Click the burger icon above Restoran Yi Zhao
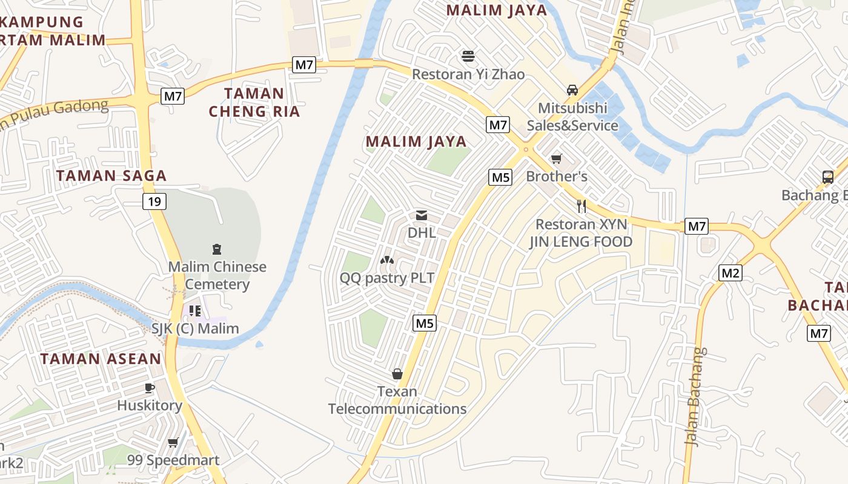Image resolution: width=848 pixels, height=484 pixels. (468, 56)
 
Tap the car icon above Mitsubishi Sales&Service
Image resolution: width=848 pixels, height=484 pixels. (572, 90)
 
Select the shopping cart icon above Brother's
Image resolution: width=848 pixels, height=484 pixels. (557, 159)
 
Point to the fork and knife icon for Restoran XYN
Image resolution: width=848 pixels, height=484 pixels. (581, 206)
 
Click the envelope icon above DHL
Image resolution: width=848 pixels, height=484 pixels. (422, 215)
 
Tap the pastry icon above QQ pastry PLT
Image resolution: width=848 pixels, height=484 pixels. (386, 260)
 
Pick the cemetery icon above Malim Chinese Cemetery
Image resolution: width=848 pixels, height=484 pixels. (217, 249)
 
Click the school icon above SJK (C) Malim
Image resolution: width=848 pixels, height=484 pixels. (194, 311)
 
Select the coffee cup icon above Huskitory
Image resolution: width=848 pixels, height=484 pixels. (150, 388)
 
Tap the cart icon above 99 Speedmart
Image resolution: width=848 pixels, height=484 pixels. (173, 443)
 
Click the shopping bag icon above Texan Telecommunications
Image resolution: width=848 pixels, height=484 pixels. (397, 374)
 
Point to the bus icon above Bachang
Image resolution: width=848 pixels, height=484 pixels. (828, 177)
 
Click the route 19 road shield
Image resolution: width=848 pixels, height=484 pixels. (155, 201)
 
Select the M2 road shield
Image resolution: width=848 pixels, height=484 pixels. (730, 273)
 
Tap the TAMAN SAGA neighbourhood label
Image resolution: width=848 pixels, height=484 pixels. (111, 176)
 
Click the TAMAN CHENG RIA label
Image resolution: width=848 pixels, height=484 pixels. (254, 102)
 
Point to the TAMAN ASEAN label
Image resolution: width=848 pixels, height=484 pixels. (101, 359)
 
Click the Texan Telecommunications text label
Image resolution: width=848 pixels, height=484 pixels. (397, 400)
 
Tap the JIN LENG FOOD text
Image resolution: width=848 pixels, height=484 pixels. (581, 242)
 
